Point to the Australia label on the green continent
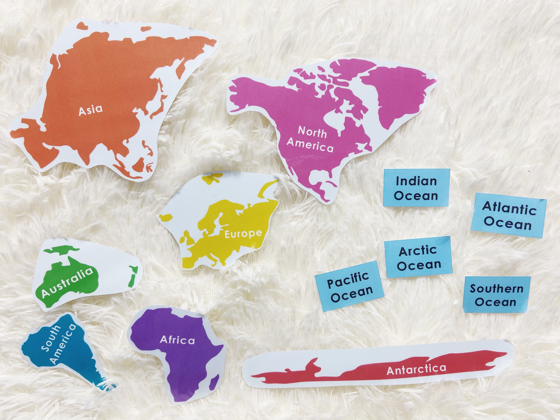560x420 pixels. (x=67, y=283)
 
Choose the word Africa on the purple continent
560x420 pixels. (x=177, y=340)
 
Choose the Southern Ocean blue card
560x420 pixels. (x=496, y=295)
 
